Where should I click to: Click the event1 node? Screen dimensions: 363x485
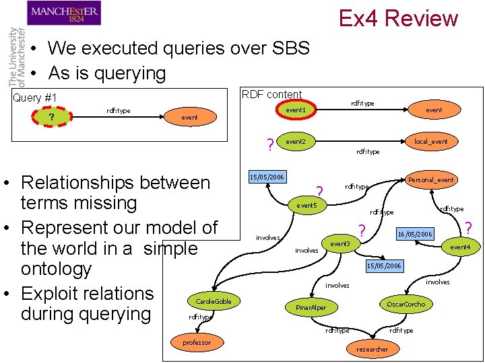pyautogui.click(x=295, y=110)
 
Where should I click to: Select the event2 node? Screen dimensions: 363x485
pyautogui.click(x=295, y=142)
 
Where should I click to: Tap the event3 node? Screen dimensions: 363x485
pyautogui.click(x=339, y=243)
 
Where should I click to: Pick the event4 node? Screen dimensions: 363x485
pyautogui.click(x=459, y=247)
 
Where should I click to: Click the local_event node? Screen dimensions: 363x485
pyautogui.click(x=431, y=141)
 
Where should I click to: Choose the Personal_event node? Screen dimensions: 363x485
pyautogui.click(x=431, y=179)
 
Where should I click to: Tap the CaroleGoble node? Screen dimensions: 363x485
pyautogui.click(x=213, y=301)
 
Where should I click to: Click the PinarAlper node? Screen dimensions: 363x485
pyautogui.click(x=311, y=308)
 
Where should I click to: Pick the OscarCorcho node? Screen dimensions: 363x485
pyautogui.click(x=406, y=304)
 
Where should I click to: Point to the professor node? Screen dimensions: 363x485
pyautogui.click(x=197, y=343)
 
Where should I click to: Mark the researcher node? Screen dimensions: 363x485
pyautogui.click(x=372, y=349)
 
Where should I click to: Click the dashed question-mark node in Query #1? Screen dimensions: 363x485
pyautogui.click(x=52, y=118)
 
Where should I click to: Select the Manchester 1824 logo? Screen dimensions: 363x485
pyautogui.click(x=64, y=13)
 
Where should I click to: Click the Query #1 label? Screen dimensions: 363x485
pyautogui.click(x=35, y=98)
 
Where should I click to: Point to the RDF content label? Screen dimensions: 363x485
pyautogui.click(x=271, y=94)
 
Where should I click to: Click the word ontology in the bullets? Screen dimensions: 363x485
pyautogui.click(x=56, y=269)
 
